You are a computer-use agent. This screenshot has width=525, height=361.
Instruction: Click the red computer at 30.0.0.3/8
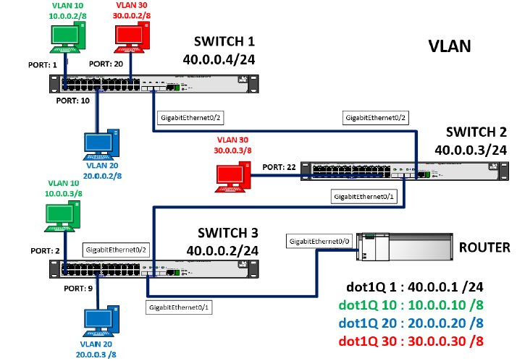coord(235,177)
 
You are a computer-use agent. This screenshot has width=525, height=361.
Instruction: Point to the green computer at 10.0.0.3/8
coord(63,216)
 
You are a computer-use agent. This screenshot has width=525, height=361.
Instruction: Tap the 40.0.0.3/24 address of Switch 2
coord(470,150)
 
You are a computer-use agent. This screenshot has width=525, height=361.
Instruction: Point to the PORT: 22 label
coord(280,167)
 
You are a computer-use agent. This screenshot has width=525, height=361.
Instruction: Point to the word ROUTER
coord(484,247)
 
